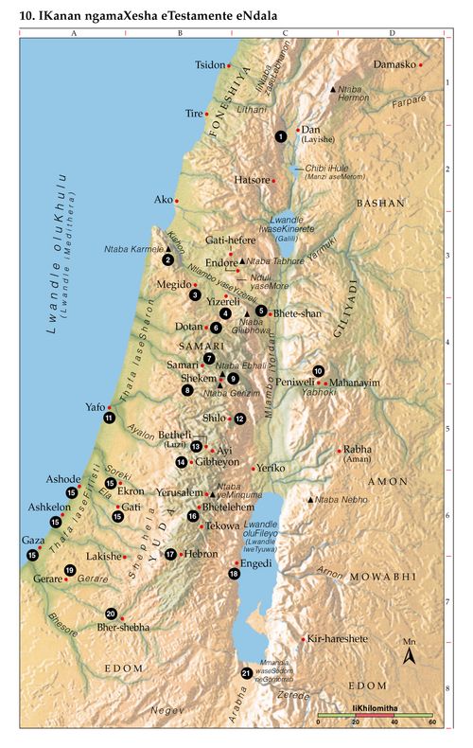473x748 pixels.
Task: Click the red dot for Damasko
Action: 421,64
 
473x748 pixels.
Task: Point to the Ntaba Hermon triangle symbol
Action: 331,89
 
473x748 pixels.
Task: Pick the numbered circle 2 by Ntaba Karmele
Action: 167,259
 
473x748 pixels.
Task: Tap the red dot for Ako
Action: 177,201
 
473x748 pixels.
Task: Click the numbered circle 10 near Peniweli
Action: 319,370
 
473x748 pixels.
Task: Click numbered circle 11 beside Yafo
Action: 110,418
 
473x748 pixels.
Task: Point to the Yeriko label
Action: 270,468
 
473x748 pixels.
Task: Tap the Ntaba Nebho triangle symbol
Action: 309,499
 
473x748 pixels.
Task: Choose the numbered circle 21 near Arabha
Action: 247,673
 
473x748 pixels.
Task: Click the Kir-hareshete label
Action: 337,639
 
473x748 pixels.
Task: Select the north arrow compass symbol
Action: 410,655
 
